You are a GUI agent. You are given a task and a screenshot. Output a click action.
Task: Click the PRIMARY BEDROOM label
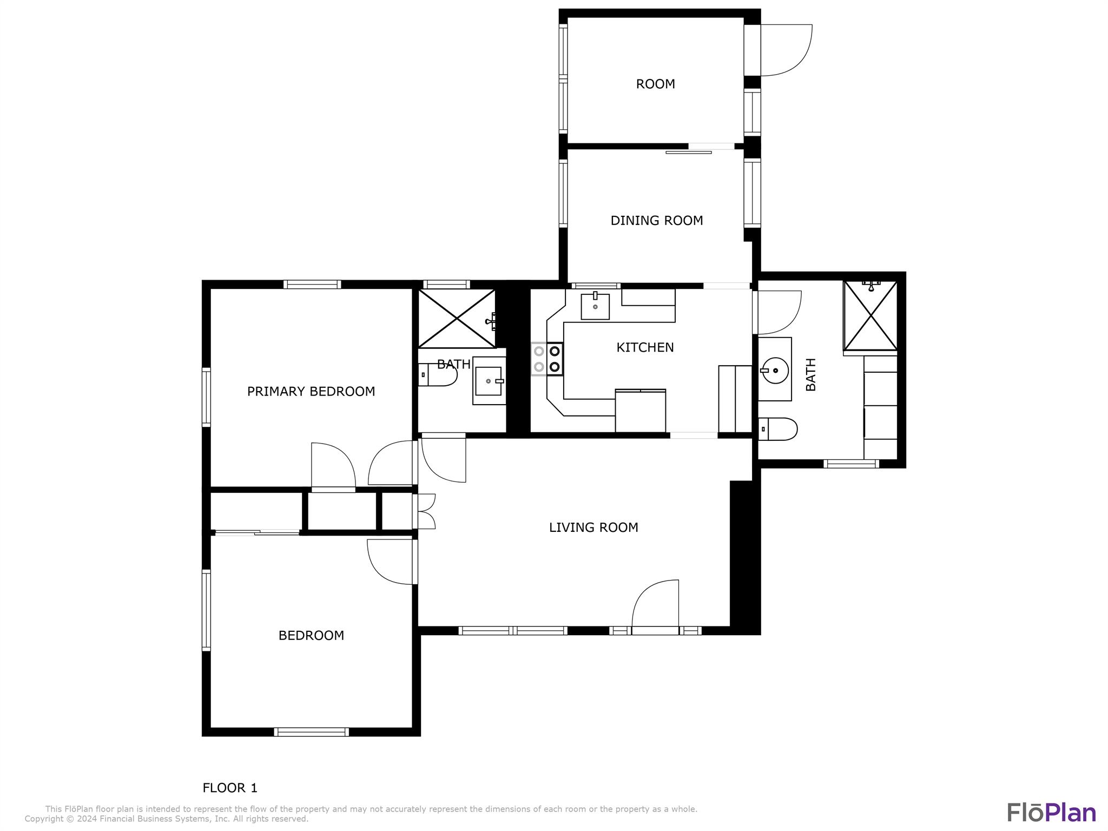point(311,391)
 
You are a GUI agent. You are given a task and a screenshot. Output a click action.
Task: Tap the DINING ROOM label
point(656,221)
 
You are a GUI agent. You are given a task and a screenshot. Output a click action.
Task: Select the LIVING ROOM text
point(593,527)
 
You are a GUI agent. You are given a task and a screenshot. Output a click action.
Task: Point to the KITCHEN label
point(645,347)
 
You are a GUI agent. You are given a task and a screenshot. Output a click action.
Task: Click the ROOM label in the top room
point(655,84)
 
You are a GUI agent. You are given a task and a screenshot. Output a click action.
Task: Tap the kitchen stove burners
point(547,359)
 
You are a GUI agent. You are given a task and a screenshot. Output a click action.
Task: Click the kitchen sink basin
point(595,307)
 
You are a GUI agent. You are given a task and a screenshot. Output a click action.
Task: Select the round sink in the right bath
point(775,371)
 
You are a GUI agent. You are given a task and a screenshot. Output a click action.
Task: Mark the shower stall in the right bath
point(870,315)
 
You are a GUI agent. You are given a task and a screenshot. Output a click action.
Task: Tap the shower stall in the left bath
point(457,318)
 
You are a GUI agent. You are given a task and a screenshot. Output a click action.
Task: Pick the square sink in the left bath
point(489,381)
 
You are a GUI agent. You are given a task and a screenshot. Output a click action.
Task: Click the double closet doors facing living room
point(426,511)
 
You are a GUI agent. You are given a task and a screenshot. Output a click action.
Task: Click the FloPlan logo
point(1051,812)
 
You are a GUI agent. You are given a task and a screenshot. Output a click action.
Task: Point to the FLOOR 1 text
point(230,788)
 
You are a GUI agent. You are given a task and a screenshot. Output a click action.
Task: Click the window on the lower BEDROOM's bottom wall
point(311,732)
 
